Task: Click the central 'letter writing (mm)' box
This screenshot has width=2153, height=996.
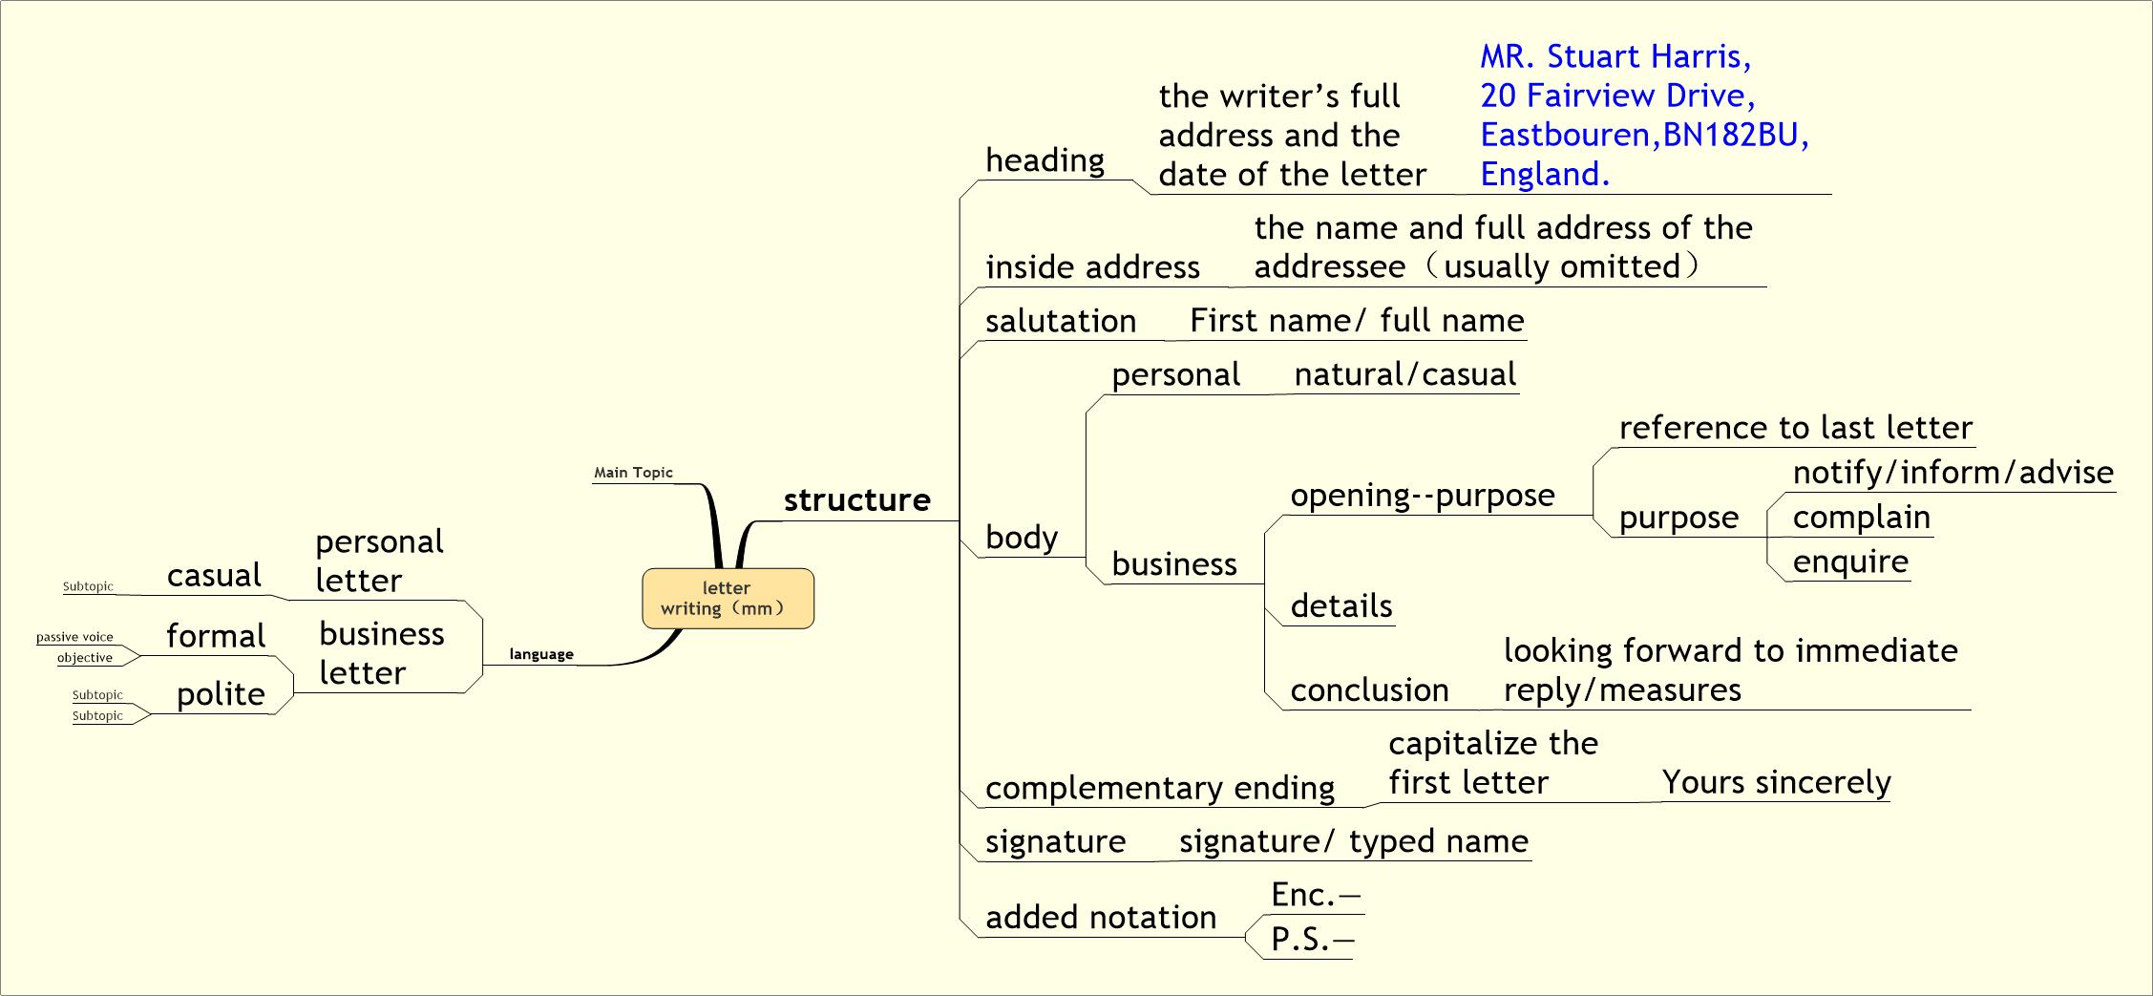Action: click(728, 599)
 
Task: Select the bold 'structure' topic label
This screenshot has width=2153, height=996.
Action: click(856, 499)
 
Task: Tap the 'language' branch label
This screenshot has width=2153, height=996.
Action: click(541, 654)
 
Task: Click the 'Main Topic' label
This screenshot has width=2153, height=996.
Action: click(633, 473)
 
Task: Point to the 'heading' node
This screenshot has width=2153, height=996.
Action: click(1045, 160)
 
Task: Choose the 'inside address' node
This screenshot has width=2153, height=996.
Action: click(1092, 267)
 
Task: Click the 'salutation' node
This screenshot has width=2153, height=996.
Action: click(1061, 321)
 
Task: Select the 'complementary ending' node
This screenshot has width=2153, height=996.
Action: click(1160, 788)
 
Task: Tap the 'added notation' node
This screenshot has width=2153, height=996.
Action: click(1101, 918)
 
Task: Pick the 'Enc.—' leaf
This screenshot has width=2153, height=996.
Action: click(1314, 895)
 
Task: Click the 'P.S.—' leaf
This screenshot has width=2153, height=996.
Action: click(1311, 940)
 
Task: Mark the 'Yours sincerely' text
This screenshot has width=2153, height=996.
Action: click(1776, 782)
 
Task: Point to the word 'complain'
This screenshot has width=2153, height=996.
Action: click(1861, 518)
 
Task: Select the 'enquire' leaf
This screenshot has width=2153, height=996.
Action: click(1850, 562)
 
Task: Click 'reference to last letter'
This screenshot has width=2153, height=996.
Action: click(1795, 428)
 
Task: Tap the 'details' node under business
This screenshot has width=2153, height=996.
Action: click(1340, 606)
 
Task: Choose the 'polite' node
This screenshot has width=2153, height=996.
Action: click(221, 694)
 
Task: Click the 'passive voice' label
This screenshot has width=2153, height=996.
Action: click(74, 637)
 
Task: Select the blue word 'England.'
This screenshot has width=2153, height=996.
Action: click(1545, 174)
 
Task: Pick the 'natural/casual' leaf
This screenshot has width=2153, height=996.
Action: click(1404, 374)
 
